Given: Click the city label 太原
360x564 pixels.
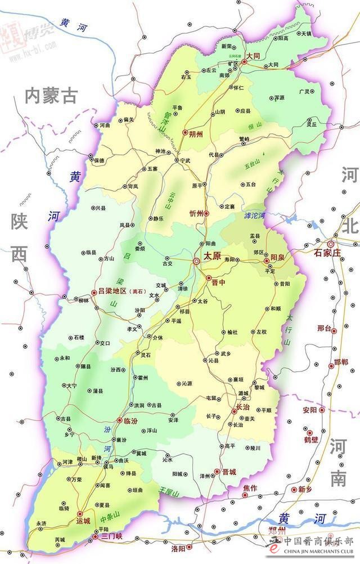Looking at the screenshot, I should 211,256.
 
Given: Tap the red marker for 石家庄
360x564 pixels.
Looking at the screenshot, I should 331,244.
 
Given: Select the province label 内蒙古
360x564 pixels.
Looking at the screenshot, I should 51,96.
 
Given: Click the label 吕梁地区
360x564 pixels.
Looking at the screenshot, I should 112,292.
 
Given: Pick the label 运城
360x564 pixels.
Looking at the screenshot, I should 83,521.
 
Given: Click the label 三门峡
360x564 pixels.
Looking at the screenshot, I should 112,536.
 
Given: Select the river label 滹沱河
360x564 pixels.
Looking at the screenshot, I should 254,216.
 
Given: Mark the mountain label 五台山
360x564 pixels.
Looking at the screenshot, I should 254,164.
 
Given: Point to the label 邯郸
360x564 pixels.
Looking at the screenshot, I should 341,361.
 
